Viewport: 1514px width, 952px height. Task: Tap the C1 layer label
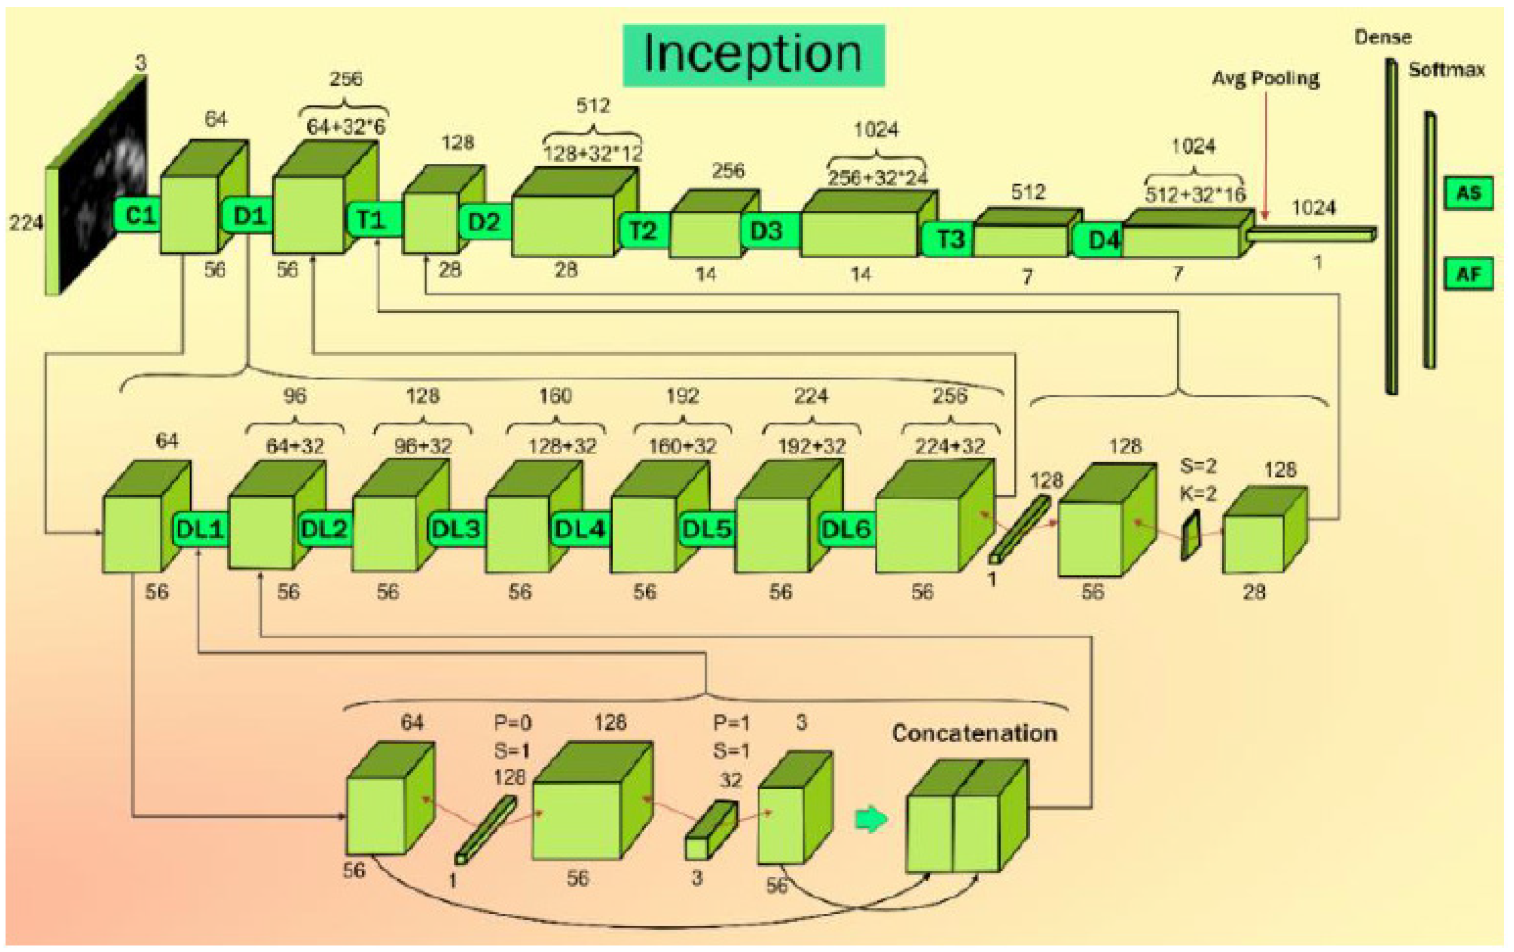point(139,216)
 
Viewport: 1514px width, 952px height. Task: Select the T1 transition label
point(372,219)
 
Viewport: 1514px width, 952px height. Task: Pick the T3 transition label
point(950,240)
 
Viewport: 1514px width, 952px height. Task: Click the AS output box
point(1468,193)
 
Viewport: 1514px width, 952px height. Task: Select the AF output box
point(1468,274)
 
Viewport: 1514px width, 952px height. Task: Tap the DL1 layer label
point(200,530)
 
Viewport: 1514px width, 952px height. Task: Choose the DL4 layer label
point(579,530)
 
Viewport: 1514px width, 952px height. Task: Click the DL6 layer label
point(846,530)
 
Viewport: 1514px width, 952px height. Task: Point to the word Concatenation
point(974,733)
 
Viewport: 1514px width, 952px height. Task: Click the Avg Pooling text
point(1265,79)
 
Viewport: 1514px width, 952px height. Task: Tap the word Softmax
point(1446,70)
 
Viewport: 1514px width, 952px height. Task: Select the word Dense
point(1383,38)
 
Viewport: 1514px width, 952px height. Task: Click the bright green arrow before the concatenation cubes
point(871,820)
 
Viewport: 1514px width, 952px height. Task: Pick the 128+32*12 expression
point(593,153)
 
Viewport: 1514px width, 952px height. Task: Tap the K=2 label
point(1198,494)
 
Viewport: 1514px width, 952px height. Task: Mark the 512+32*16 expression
point(1194,195)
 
